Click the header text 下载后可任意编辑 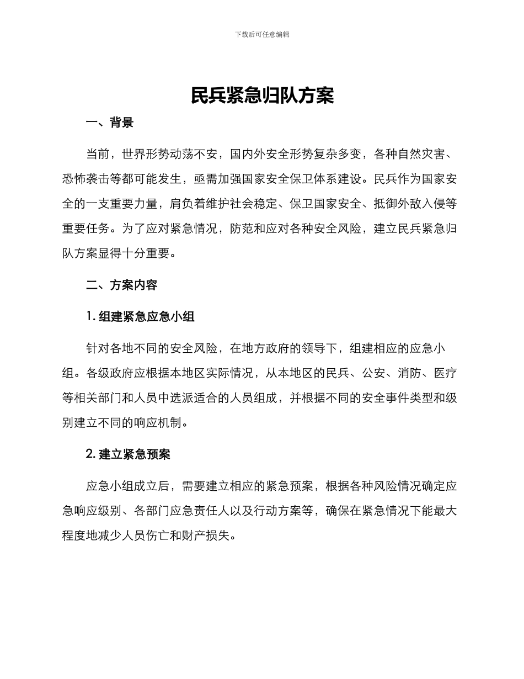pos(262,34)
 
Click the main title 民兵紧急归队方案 pos(262,96)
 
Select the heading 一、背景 pos(110,123)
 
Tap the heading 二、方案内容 pos(122,285)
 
